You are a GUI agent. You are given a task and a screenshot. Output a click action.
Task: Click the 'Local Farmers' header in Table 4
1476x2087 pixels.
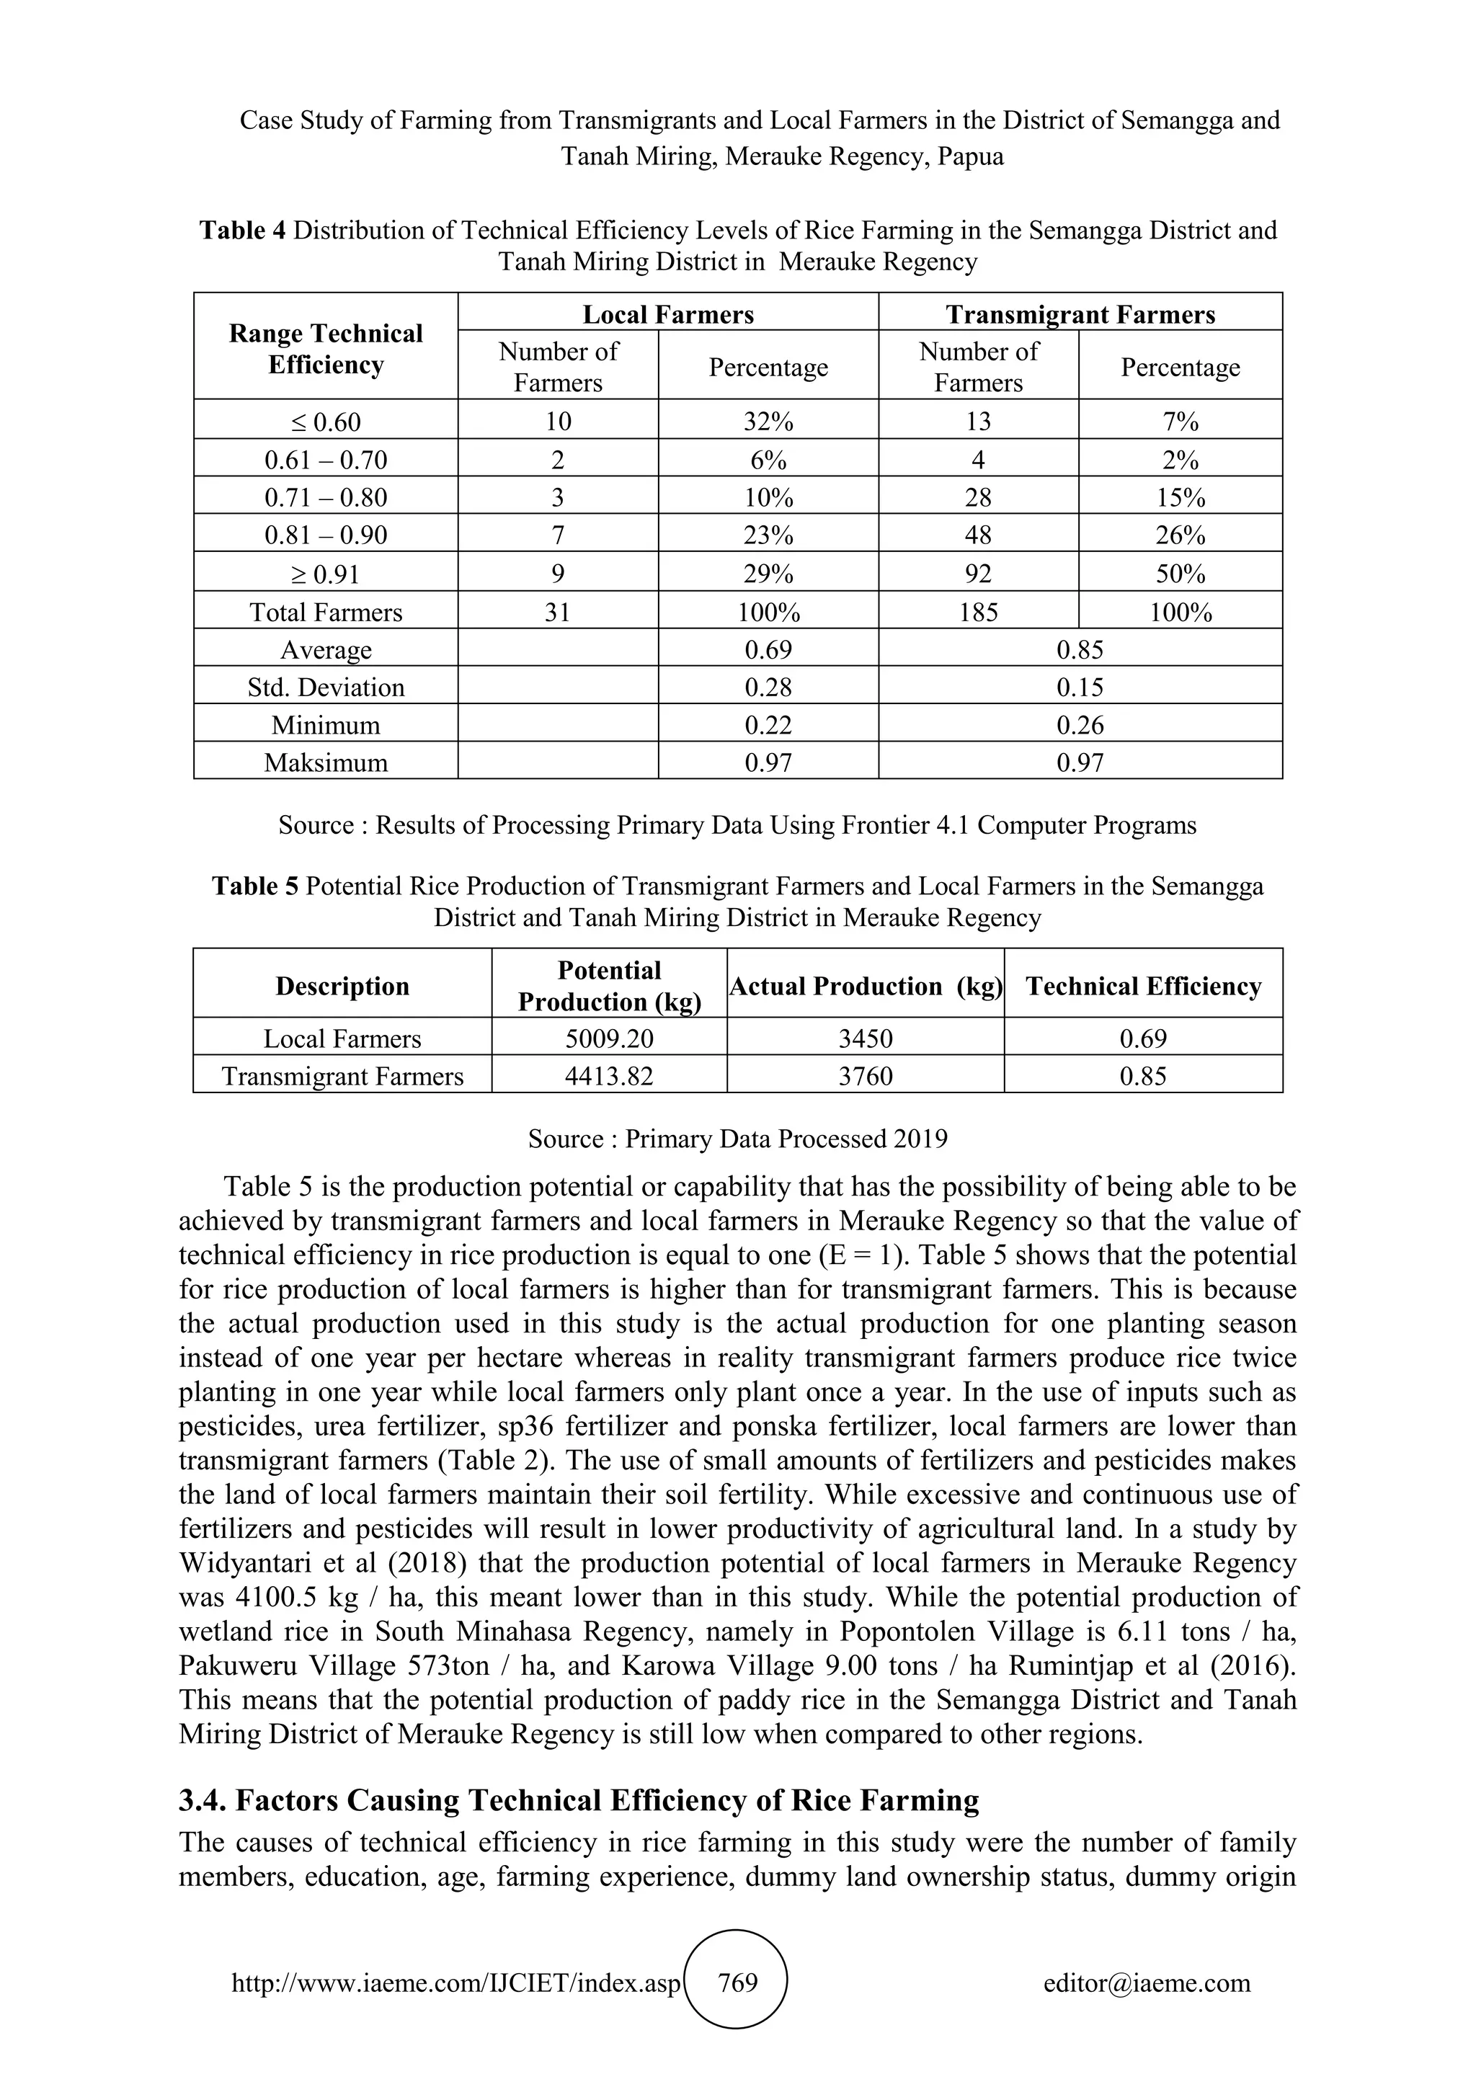668,314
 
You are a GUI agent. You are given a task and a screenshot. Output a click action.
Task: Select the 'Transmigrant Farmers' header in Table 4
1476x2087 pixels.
1080,314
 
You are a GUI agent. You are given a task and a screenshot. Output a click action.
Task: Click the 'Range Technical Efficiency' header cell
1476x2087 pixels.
325,349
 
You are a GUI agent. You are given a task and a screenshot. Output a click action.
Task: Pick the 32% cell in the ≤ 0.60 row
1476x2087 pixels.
768,422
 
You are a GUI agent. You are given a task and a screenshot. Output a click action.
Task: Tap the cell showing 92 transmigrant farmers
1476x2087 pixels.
978,574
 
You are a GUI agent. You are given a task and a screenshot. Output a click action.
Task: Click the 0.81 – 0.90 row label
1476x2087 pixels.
325,535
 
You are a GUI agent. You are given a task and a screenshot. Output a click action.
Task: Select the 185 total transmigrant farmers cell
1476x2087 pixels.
978,612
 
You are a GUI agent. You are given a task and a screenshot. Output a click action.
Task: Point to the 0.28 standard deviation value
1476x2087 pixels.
768,687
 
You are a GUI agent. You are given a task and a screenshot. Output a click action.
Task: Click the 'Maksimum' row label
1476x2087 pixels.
325,762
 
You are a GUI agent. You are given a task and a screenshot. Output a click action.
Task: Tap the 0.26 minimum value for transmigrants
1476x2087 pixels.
1080,726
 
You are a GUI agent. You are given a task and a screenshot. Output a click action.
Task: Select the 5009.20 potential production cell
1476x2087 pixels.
609,1039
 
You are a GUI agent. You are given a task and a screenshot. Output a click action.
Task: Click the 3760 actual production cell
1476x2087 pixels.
866,1076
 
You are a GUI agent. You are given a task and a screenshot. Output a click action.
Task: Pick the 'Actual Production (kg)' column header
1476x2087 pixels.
866,987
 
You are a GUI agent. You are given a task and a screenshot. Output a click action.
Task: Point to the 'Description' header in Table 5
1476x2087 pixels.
342,987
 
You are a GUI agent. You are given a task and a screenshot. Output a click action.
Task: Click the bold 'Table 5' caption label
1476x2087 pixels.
254,886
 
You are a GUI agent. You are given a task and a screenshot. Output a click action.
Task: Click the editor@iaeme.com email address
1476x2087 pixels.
1146,1983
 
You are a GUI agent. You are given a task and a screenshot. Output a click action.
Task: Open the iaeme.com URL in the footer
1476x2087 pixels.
455,1983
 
